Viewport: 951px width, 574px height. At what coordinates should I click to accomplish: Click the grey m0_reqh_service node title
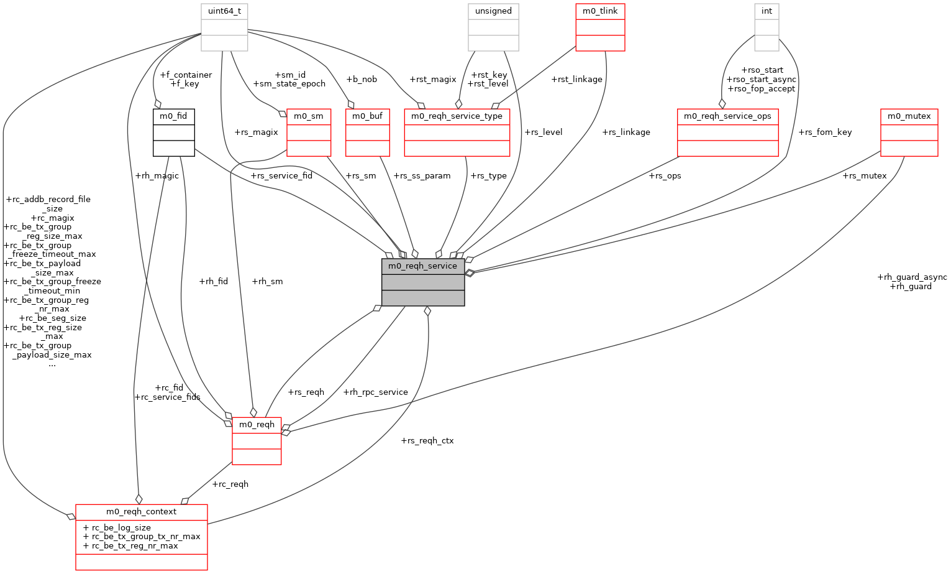click(x=422, y=266)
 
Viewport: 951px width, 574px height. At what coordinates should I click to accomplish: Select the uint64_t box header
click(x=224, y=11)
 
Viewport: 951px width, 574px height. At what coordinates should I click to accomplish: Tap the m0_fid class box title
click(x=173, y=116)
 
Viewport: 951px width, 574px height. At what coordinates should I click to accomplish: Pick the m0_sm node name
click(x=309, y=116)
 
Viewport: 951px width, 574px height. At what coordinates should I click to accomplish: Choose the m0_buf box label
click(x=367, y=116)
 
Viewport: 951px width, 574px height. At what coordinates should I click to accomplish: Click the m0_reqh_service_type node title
click(x=457, y=116)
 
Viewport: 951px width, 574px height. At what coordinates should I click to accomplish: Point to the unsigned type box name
click(x=493, y=11)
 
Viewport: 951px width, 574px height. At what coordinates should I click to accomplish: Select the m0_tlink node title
click(x=600, y=11)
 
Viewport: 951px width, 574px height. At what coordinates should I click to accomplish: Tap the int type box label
click(x=767, y=11)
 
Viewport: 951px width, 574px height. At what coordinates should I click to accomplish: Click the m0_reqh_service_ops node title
click(x=727, y=116)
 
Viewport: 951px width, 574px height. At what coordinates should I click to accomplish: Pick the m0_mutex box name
click(x=909, y=116)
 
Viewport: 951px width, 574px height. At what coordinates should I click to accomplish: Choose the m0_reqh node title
click(x=257, y=425)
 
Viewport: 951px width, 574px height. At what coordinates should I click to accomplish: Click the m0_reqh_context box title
click(x=141, y=512)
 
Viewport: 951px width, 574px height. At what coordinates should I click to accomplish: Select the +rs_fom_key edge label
click(x=825, y=132)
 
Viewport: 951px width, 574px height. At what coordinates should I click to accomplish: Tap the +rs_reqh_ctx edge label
click(x=427, y=441)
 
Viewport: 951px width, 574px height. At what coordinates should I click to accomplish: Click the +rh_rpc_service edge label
click(x=375, y=392)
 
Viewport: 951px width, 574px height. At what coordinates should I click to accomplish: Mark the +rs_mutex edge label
click(x=864, y=176)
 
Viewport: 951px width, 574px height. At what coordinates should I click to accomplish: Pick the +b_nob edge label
click(x=362, y=80)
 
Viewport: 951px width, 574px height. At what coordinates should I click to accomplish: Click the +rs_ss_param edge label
click(x=422, y=176)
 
